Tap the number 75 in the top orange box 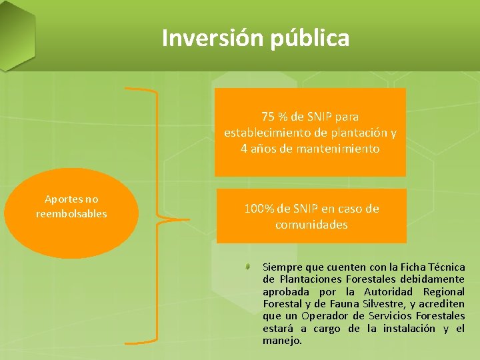269,117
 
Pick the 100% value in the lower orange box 259,209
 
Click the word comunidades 311,225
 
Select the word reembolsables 71,213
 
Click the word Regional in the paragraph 443,291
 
